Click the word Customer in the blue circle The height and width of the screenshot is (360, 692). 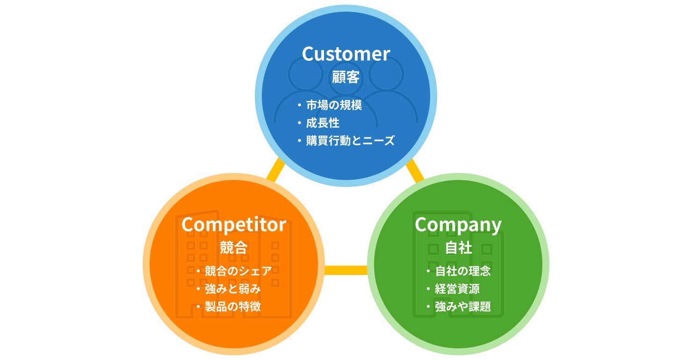[346, 54]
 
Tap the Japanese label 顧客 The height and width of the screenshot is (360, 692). [346, 77]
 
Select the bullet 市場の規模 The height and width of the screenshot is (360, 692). [334, 105]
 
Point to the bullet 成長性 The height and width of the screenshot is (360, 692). [323, 123]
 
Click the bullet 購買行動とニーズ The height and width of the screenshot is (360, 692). [350, 141]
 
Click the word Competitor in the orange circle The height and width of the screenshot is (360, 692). [234, 225]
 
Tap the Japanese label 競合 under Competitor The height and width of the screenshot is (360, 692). [234, 247]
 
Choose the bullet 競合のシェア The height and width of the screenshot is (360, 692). [238, 271]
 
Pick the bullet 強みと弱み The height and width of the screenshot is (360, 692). [233, 289]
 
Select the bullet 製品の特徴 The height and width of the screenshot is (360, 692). [233, 307]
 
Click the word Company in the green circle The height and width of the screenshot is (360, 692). [458, 225]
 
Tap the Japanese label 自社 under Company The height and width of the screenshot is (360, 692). [458, 247]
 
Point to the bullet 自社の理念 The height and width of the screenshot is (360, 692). [463, 271]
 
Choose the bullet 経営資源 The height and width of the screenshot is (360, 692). [457, 289]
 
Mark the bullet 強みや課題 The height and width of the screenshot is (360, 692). [463, 307]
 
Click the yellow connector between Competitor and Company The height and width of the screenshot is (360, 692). [346, 270]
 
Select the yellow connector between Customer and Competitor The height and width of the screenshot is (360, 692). [275, 170]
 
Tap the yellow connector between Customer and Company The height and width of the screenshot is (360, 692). [415, 171]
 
